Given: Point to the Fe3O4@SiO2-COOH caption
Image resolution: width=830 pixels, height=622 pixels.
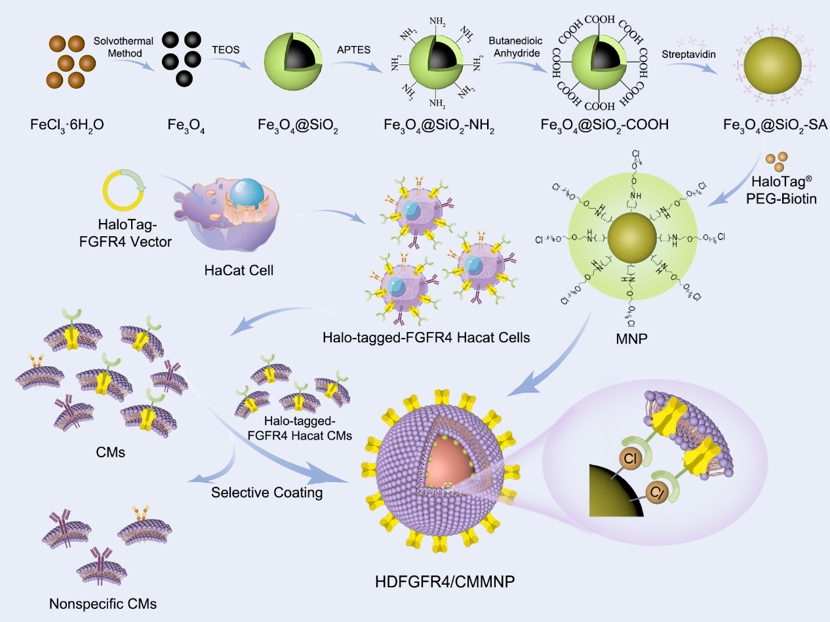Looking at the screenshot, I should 604,123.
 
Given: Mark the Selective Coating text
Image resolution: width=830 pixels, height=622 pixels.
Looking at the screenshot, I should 267,492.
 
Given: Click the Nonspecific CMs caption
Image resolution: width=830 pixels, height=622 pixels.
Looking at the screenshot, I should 103,604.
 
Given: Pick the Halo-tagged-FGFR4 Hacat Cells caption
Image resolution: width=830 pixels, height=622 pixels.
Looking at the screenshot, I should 426,339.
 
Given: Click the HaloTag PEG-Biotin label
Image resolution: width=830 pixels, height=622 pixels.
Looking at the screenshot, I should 783,190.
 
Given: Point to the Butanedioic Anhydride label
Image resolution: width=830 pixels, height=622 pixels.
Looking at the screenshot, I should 516,47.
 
